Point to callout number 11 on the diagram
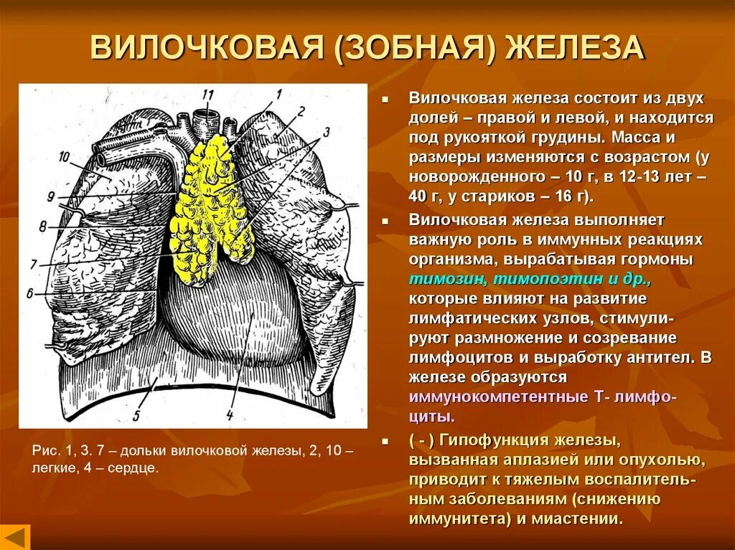208,95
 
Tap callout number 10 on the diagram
63,156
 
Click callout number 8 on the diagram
42,227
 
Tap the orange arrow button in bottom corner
15,536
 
